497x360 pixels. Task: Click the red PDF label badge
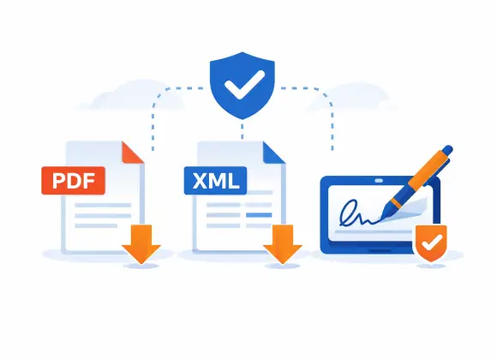click(x=73, y=181)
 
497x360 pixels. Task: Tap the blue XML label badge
click(x=215, y=181)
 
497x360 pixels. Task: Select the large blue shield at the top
click(x=243, y=86)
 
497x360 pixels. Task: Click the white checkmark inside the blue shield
click(x=244, y=84)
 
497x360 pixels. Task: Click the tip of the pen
click(x=381, y=219)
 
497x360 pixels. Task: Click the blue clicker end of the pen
click(x=447, y=150)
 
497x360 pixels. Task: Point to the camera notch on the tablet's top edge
click(x=379, y=181)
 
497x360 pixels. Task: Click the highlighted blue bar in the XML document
click(x=259, y=215)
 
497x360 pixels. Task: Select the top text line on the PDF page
click(x=103, y=205)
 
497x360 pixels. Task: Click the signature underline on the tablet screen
click(x=374, y=232)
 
